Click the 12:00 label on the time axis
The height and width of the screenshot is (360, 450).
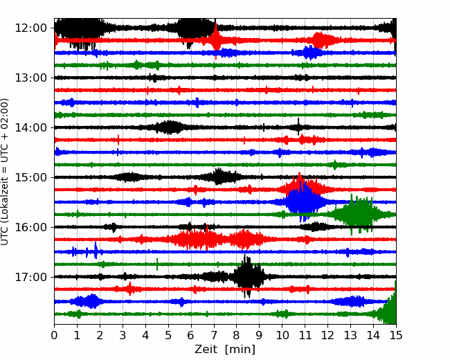point(30,28)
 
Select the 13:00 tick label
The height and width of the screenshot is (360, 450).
point(30,78)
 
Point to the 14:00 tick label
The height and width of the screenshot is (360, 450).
point(30,127)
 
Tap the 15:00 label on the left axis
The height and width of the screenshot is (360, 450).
point(30,177)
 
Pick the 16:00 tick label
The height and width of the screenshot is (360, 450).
point(30,227)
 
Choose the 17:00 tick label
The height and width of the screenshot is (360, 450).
point(30,277)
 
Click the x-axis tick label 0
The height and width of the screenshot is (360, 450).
point(54,335)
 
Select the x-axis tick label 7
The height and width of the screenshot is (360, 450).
point(214,335)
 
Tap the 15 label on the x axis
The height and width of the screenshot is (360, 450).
point(396,335)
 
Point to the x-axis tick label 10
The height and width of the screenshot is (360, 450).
point(282,335)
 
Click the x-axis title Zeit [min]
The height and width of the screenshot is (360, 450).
point(225,350)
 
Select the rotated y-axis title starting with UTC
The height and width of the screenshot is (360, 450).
point(5,172)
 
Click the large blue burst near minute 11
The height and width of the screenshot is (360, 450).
point(304,201)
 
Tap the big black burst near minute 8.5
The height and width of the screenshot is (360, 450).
point(249,276)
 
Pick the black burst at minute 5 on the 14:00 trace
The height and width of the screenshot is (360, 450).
point(170,127)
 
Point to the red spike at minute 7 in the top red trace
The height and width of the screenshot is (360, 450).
point(216,40)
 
